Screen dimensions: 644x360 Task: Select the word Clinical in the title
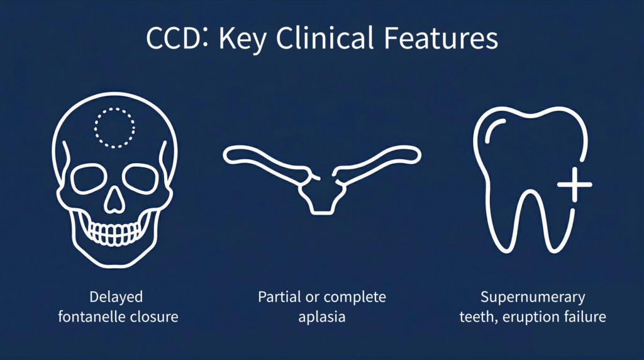tap(325, 37)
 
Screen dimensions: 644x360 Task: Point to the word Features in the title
tap(441, 38)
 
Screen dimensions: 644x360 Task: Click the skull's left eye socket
tap(87, 179)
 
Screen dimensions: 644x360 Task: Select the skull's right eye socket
tap(140, 179)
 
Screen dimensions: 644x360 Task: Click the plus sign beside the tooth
tap(575, 184)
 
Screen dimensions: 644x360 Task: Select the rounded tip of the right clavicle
tap(418, 155)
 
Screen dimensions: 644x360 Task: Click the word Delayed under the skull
tap(116, 297)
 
